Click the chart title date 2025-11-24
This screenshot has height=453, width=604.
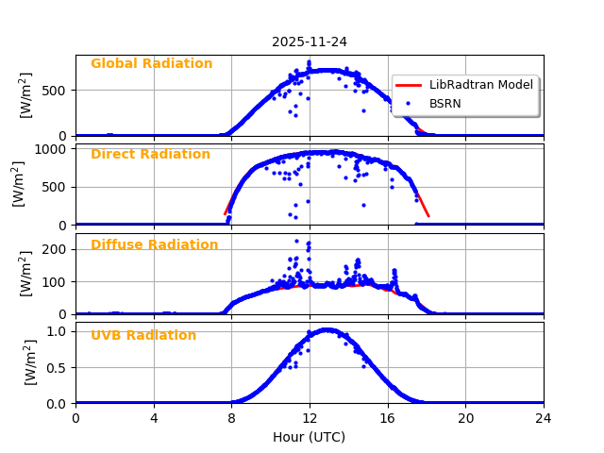coord(310,42)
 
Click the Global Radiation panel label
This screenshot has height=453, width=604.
coord(151,64)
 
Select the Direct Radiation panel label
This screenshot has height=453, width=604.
coord(150,155)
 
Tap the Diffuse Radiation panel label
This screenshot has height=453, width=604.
coord(154,245)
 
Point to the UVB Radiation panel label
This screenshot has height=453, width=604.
coord(143,336)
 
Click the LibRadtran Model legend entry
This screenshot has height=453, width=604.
coord(480,85)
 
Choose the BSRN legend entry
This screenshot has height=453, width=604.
coord(445,103)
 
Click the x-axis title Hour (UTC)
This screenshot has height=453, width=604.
coord(310,437)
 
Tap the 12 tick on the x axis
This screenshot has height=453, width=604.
coord(310,417)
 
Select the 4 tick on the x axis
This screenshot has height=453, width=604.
coord(154,417)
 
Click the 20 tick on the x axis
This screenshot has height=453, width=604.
coord(465,417)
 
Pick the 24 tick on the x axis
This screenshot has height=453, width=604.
coord(544,417)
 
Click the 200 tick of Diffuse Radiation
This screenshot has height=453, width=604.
coord(55,249)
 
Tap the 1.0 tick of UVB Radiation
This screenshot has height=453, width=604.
coord(58,331)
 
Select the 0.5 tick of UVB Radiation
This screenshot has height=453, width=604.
coord(58,367)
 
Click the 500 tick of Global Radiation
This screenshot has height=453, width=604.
coord(55,91)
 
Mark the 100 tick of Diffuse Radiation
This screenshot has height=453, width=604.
coord(55,282)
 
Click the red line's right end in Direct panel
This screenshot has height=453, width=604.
coord(428,216)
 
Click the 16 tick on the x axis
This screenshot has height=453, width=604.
coord(388,417)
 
